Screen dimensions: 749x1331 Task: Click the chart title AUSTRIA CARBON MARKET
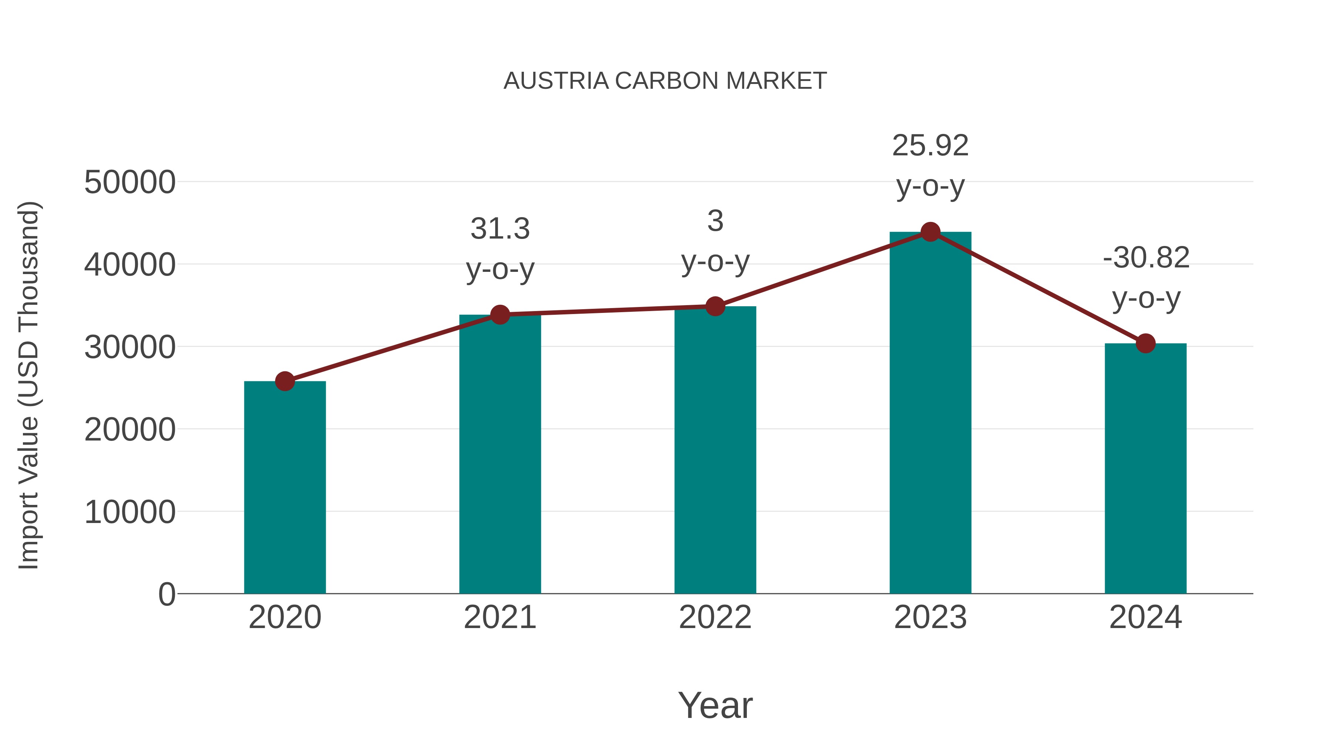(x=665, y=81)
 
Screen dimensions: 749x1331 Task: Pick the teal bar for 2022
(x=715, y=450)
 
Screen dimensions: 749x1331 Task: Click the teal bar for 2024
(x=1145, y=468)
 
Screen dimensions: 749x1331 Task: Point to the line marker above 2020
(x=285, y=381)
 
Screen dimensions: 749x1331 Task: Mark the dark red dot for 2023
(x=930, y=232)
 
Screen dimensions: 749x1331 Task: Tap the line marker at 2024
(x=1145, y=343)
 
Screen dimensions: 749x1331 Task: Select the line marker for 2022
(x=715, y=307)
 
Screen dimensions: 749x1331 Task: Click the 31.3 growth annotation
(x=499, y=229)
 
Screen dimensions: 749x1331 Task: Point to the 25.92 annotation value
(x=930, y=146)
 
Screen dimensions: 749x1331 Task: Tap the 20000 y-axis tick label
(x=130, y=429)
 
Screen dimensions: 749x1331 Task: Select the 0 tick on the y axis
(x=167, y=594)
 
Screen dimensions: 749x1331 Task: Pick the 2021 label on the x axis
(x=499, y=617)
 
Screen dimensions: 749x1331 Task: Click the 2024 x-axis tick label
(x=1145, y=617)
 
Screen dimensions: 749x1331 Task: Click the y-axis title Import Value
(x=29, y=385)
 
